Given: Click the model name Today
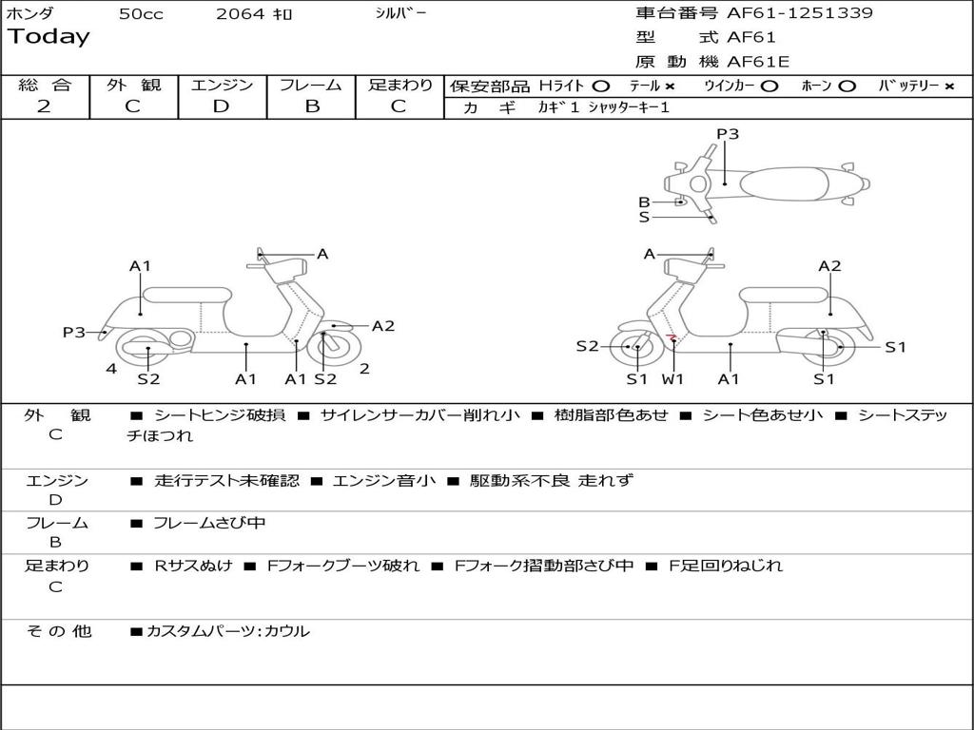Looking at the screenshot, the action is pyautogui.click(x=49, y=37).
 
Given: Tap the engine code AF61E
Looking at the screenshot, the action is pyautogui.click(x=758, y=62).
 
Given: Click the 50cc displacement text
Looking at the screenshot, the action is pyautogui.click(x=141, y=14).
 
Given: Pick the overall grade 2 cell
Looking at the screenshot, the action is pyautogui.click(x=44, y=106).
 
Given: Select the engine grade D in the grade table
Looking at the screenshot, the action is pyautogui.click(x=221, y=106).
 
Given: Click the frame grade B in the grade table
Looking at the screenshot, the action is pyautogui.click(x=312, y=106).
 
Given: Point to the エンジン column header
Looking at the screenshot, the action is pyautogui.click(x=222, y=86).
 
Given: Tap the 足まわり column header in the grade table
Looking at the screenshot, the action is pyautogui.click(x=400, y=86).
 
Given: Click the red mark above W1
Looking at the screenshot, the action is pyautogui.click(x=672, y=336).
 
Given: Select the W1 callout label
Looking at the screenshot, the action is pyautogui.click(x=673, y=379).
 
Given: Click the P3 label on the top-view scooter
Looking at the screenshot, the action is pyautogui.click(x=728, y=134).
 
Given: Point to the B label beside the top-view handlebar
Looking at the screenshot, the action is pyautogui.click(x=644, y=202).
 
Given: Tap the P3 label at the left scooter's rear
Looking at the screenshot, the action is pyautogui.click(x=73, y=332).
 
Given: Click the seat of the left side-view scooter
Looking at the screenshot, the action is pyautogui.click(x=186, y=294).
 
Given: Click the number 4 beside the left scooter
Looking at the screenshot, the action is pyautogui.click(x=111, y=369).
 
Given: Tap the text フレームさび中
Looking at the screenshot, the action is pyautogui.click(x=209, y=523).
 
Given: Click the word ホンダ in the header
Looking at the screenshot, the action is pyautogui.click(x=30, y=13).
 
